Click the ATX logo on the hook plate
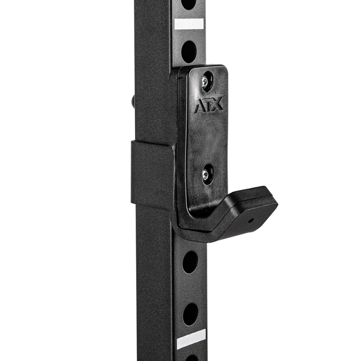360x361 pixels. coord(208,105)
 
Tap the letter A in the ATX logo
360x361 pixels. coord(200,106)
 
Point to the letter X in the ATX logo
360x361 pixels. coord(217,104)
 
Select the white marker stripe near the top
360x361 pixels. coord(189,24)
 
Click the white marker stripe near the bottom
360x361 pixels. coord(191,338)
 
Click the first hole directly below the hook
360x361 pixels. coord(190,262)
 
